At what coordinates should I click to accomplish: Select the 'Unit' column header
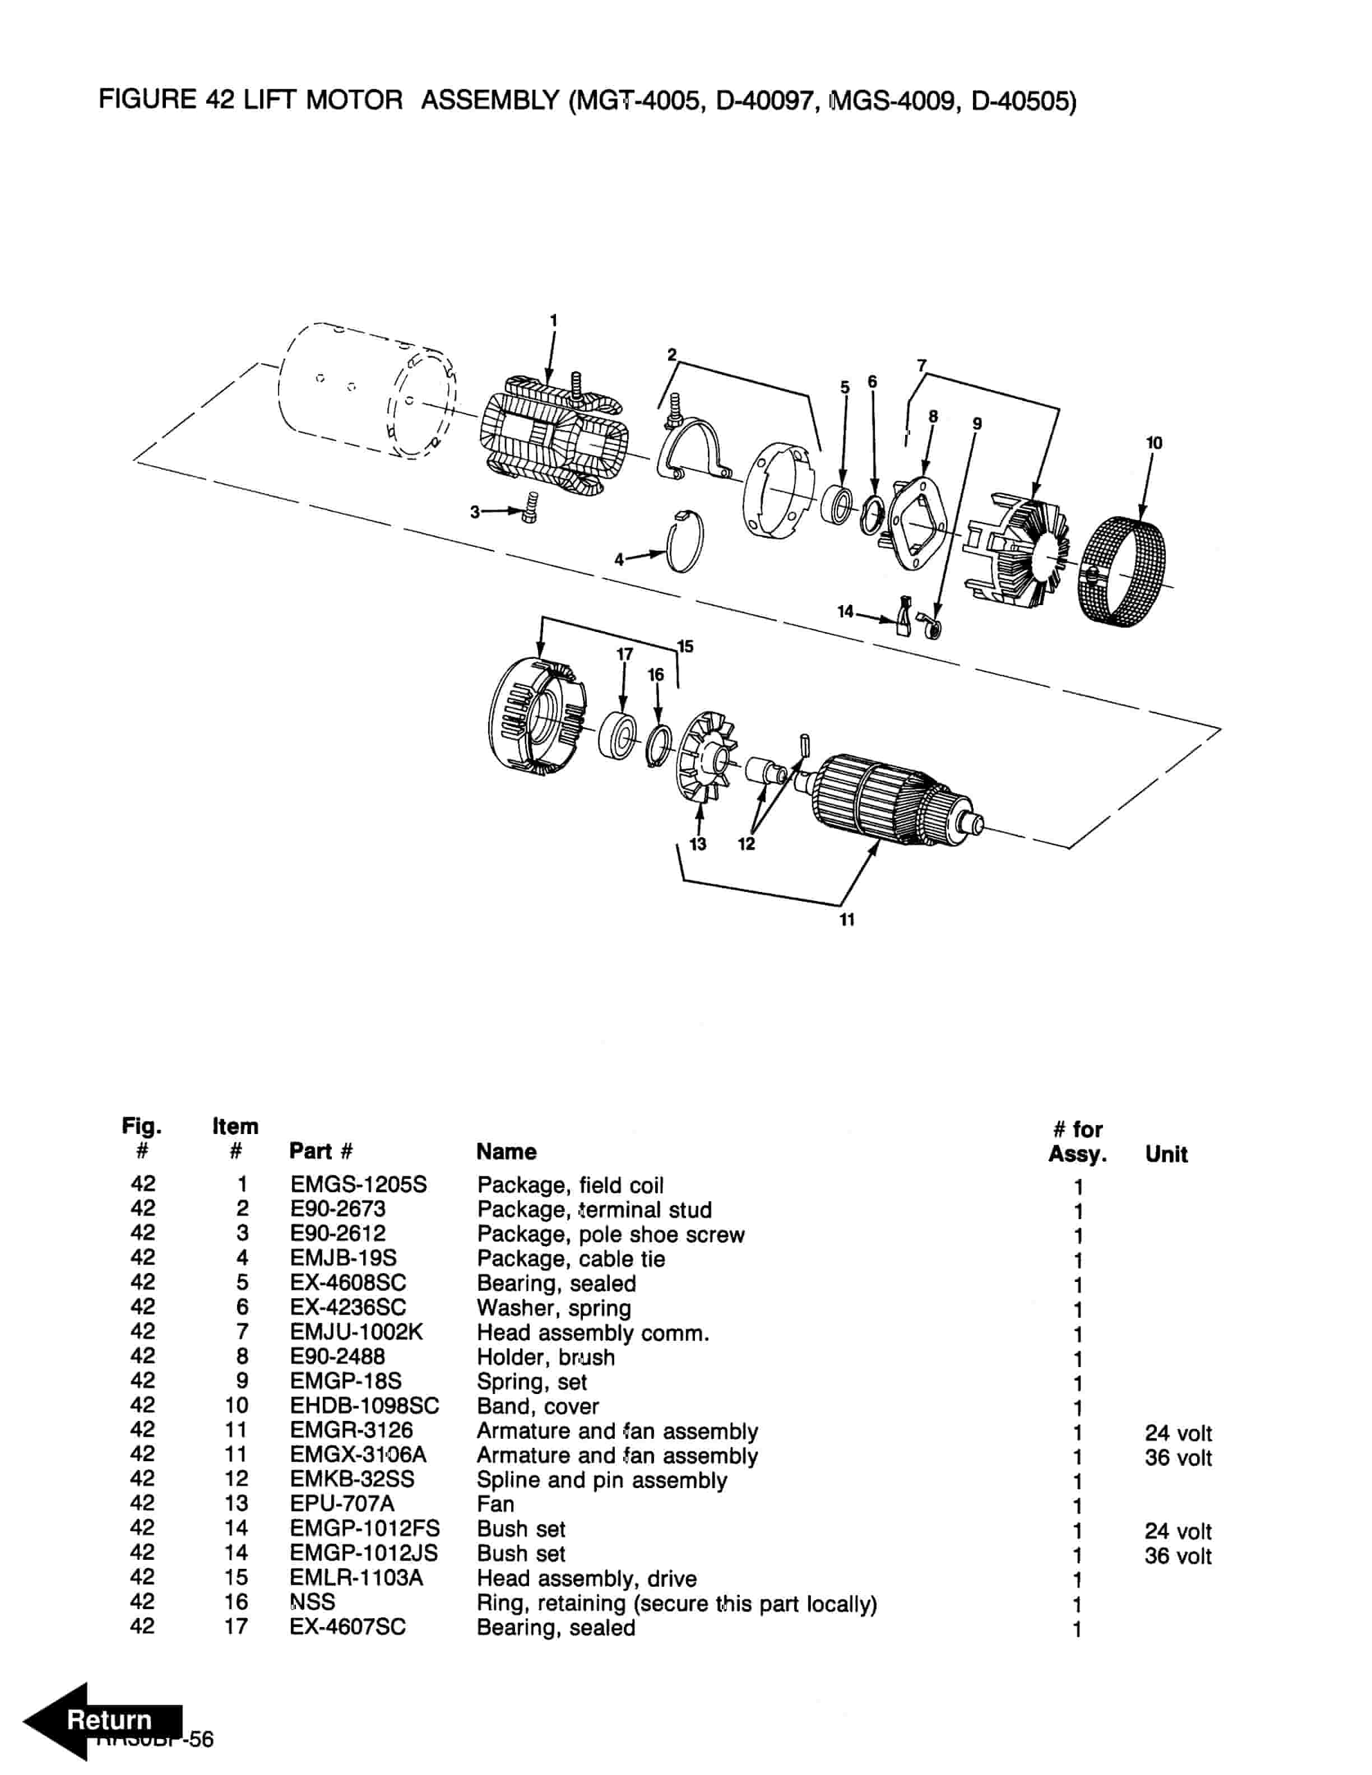pos(1166,1154)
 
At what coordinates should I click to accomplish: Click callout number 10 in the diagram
pos(1154,443)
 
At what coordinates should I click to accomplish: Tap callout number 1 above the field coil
pos(554,321)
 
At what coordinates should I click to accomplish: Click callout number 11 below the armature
pos(847,919)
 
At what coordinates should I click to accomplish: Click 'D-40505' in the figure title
pos(1023,101)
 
